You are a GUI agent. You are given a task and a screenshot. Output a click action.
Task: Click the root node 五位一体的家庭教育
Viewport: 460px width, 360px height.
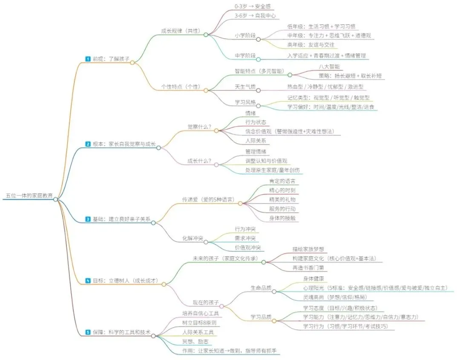coord(29,196)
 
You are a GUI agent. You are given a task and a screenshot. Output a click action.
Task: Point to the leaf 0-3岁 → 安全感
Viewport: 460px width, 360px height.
coord(253,6)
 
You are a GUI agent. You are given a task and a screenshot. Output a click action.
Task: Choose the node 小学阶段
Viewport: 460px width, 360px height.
coord(245,35)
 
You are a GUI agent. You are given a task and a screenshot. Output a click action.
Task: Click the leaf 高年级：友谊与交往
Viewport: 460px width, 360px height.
coord(311,44)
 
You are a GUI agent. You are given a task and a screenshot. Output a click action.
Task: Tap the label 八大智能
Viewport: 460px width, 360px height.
coord(329,66)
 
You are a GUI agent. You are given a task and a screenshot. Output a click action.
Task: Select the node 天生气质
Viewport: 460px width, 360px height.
coord(245,86)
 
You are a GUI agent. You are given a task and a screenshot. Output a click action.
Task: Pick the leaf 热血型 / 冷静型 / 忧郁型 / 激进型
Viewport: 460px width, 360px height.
coord(322,86)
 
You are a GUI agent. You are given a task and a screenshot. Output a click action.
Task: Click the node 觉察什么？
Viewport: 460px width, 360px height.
coord(200,127)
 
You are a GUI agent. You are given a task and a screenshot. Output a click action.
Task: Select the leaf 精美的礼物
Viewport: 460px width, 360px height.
coord(282,199)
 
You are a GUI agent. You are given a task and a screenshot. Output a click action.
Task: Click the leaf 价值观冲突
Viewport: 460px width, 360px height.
coord(248,248)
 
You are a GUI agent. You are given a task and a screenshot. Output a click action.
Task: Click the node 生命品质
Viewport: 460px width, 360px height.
coord(260,288)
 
